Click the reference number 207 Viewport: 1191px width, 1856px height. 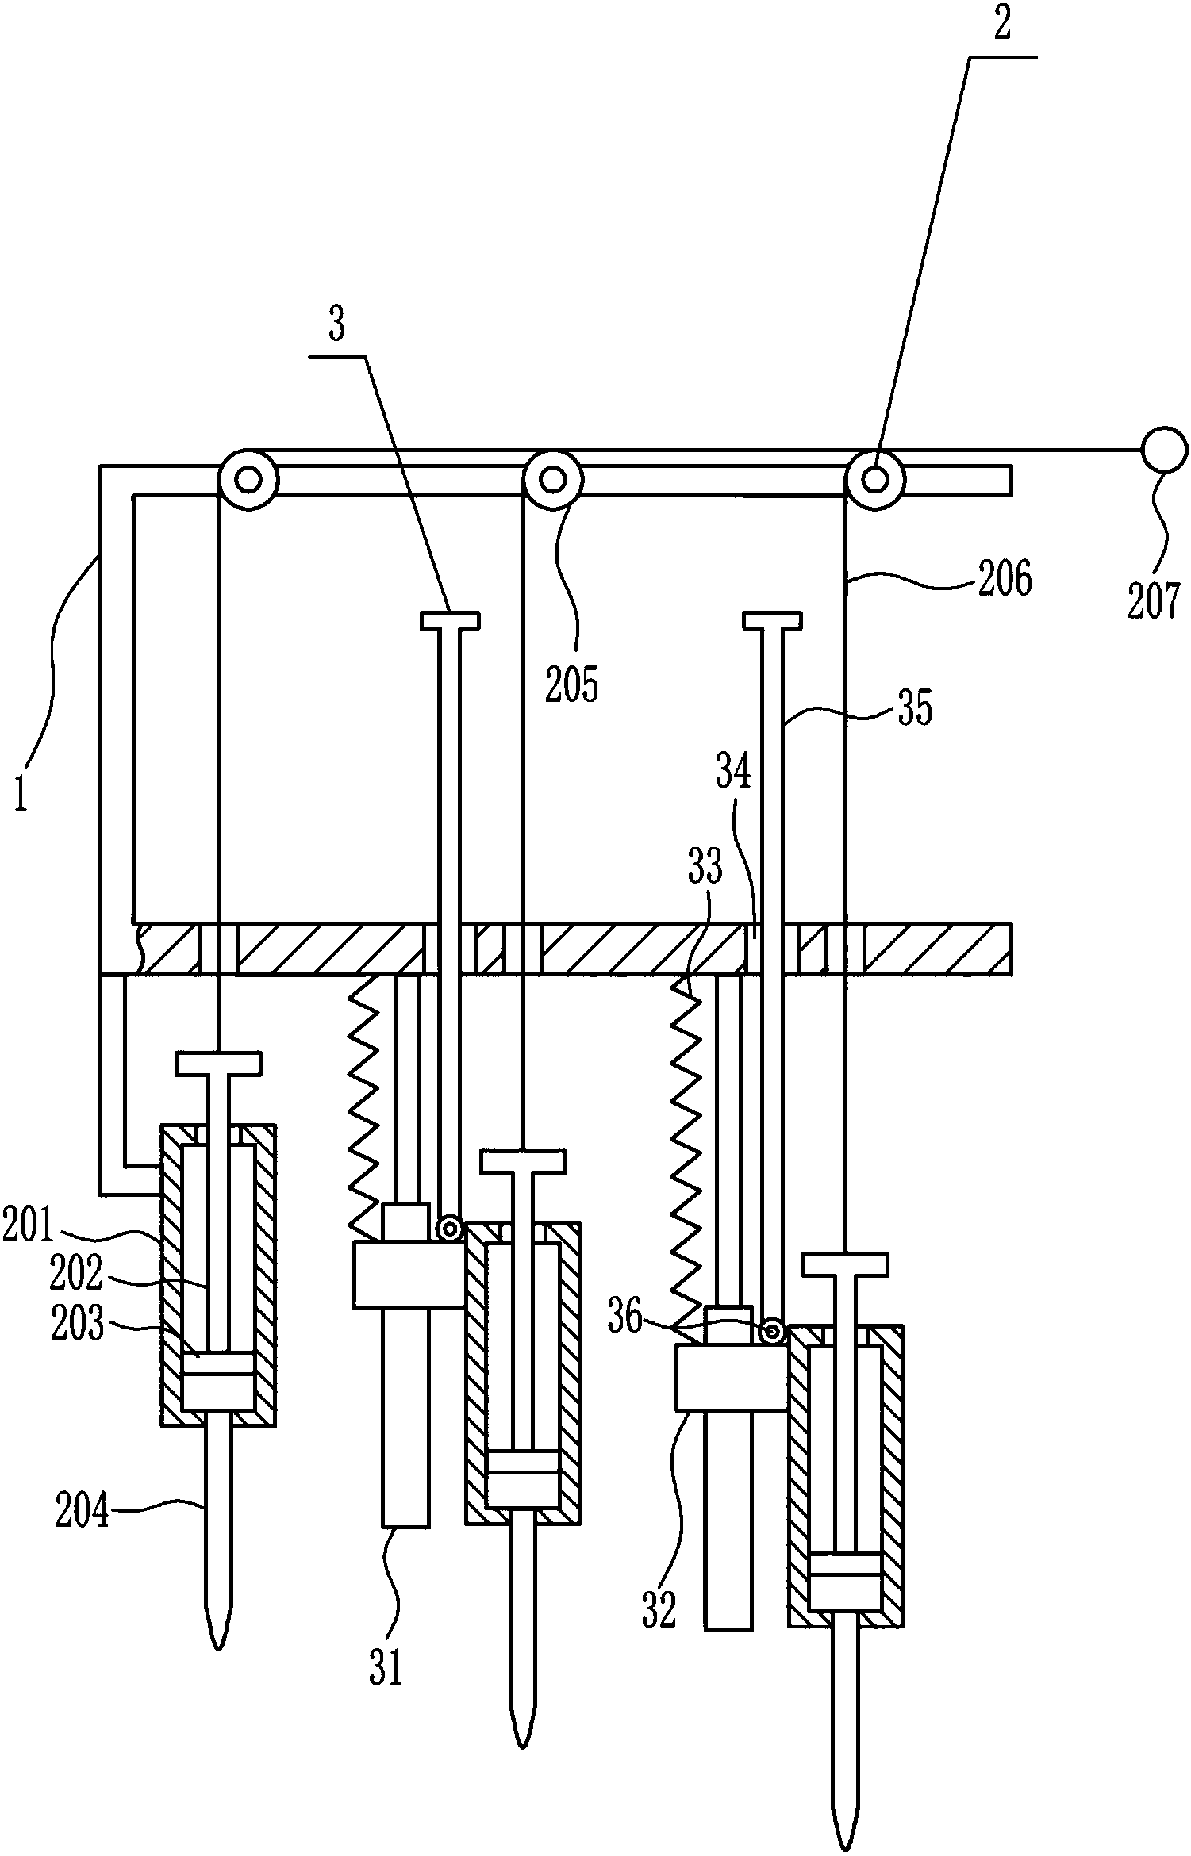tap(1155, 601)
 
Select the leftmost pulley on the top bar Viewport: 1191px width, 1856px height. tap(248, 479)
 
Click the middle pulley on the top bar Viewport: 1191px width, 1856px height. tap(553, 479)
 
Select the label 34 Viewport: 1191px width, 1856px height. tap(733, 771)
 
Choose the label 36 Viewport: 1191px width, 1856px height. tap(624, 1317)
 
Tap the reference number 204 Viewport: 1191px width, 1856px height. tap(82, 1513)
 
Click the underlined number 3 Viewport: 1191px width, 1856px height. tap(337, 325)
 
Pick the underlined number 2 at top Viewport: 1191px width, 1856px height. tap(1002, 25)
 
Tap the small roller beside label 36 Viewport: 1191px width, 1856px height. tap(770, 1332)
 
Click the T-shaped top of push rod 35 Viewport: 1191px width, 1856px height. tap(771, 619)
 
